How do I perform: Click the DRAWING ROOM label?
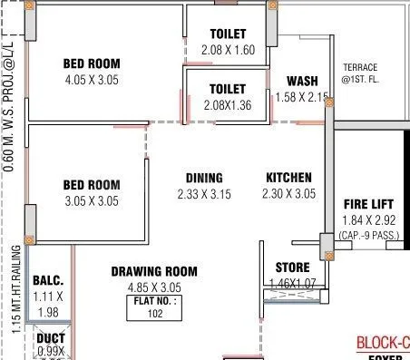click(154, 271)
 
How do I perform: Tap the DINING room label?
click(204, 178)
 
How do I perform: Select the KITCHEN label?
click(288, 178)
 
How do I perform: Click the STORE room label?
click(292, 268)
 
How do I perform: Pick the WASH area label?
click(301, 81)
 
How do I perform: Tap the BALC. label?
click(47, 280)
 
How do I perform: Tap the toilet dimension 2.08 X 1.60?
click(228, 50)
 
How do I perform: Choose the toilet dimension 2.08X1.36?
click(227, 105)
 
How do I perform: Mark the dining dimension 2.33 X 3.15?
click(204, 194)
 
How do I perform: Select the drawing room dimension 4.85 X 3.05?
click(154, 287)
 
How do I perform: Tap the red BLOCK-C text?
click(382, 343)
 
